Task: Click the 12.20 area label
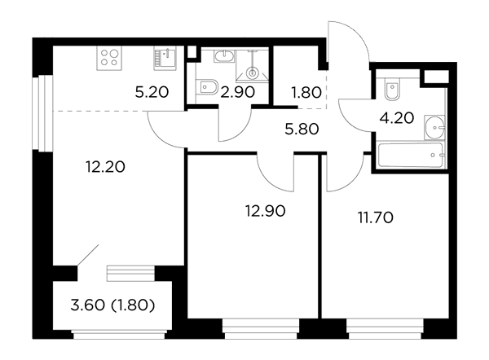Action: (105, 167)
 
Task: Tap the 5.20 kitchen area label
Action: (152, 92)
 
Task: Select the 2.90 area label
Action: (238, 92)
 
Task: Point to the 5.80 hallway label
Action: (302, 129)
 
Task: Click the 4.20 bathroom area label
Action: (397, 118)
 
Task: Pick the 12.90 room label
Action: (266, 211)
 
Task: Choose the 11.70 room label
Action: (376, 217)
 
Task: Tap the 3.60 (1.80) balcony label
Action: (112, 305)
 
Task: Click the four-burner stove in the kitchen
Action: (109, 58)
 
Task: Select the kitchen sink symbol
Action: (165, 58)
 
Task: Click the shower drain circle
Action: (253, 73)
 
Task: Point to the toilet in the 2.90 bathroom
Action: (207, 86)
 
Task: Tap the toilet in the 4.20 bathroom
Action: (392, 89)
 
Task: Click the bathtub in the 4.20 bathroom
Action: (410, 155)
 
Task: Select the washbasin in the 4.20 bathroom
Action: (434, 127)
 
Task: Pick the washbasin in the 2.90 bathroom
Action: (223, 56)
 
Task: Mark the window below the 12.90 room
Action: (261, 329)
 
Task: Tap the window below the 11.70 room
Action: (385, 329)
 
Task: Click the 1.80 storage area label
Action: (306, 93)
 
